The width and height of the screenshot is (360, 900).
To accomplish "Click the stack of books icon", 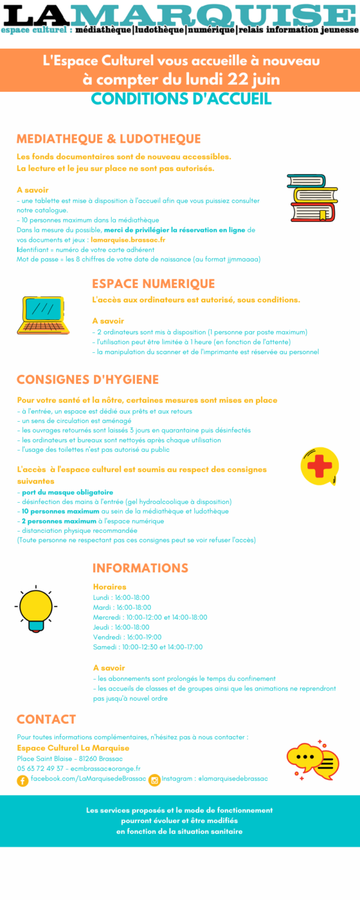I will click(x=312, y=198).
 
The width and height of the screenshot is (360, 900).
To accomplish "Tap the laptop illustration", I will click(x=43, y=315).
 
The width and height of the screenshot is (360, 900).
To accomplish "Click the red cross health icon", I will click(x=319, y=466).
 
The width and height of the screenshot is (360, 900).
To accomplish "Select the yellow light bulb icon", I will click(x=37, y=607).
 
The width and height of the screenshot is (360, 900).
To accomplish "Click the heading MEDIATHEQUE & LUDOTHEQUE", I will click(x=109, y=139).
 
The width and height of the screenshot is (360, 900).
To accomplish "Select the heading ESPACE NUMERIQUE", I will click(x=153, y=284).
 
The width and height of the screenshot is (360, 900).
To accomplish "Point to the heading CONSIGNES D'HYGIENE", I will click(x=88, y=380).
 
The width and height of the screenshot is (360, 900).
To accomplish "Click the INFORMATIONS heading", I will click(x=140, y=568).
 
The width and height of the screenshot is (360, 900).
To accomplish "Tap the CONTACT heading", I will click(x=46, y=719).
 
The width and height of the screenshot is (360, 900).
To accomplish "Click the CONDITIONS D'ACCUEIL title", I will click(x=181, y=99).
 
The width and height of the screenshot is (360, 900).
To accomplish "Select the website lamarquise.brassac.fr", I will click(x=128, y=240).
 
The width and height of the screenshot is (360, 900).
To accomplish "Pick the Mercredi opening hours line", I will click(x=150, y=617).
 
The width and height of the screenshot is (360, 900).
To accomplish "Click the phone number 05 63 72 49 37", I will click(x=40, y=769).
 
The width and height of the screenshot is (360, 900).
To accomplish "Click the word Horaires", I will click(x=110, y=587).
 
